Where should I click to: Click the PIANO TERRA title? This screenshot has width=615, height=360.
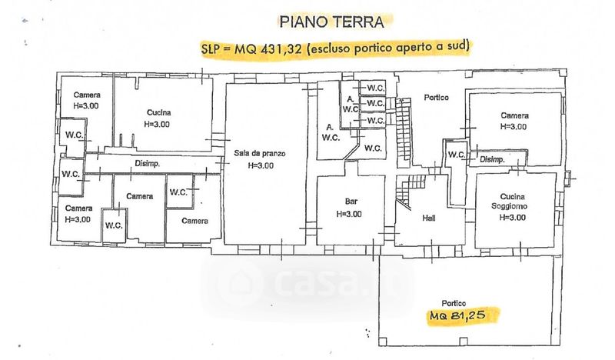[331, 22]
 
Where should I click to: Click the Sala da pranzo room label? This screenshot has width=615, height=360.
[260, 154]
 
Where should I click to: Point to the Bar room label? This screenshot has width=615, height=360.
[351, 202]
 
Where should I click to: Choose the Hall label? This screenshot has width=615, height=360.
[429, 218]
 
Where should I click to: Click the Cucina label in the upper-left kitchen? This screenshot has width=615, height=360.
[159, 112]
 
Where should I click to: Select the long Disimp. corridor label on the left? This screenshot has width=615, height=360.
[148, 164]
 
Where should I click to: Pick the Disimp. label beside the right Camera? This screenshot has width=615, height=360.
[492, 159]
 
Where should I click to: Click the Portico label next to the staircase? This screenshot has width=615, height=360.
[436, 98]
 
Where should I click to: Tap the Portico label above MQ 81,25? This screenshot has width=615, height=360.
[454, 303]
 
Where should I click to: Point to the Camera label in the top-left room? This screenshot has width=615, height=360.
[87, 95]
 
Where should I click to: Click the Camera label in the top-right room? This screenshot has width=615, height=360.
[514, 115]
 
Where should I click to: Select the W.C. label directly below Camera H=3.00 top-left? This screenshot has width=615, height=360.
[74, 135]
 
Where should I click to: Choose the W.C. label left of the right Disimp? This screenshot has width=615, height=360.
[457, 155]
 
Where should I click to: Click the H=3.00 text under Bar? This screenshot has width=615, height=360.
[349, 214]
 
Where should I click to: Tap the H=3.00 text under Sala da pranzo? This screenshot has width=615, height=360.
[261, 165]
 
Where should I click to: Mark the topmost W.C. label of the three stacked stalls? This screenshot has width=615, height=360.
[375, 88]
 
